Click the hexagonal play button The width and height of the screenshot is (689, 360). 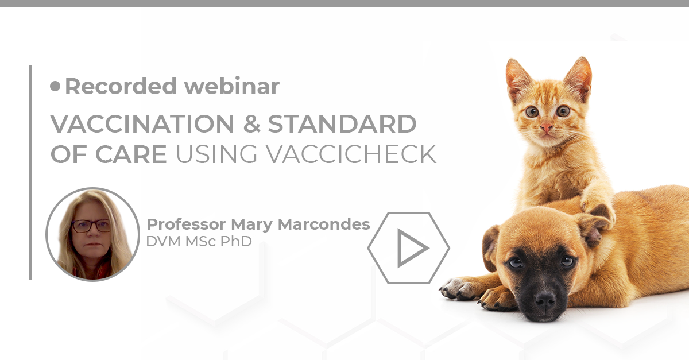409,248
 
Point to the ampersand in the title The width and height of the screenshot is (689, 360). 250,123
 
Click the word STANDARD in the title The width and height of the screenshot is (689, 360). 342,123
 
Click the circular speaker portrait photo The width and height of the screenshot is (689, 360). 92,234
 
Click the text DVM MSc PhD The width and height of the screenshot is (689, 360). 199,241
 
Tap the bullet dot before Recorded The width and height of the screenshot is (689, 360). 55,86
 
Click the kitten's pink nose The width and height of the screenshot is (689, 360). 546,127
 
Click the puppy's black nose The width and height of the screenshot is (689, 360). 543,300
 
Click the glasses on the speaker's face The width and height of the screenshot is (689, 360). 91,226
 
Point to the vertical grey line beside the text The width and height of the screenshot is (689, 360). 30,172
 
